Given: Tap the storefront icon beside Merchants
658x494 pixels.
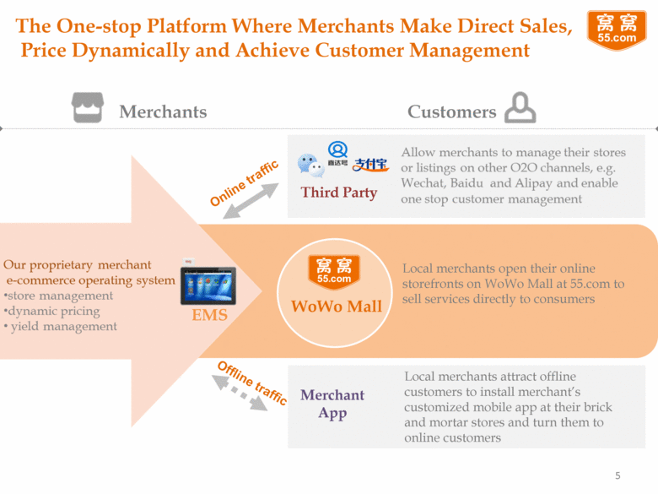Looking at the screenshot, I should click(88, 108).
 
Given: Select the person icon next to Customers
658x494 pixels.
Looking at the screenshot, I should click(520, 109).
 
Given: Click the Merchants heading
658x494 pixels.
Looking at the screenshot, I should click(163, 111).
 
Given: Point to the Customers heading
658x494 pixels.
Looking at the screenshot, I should click(451, 111).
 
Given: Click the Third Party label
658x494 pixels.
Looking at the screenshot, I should click(339, 193).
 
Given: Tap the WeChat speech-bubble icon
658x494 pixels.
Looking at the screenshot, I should click(310, 165).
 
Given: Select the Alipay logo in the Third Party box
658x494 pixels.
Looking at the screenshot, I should click(370, 164).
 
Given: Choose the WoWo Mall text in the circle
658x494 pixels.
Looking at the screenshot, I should click(337, 307).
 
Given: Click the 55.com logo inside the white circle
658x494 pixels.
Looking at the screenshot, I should click(334, 271).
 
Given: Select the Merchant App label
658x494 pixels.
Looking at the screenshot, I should click(332, 404).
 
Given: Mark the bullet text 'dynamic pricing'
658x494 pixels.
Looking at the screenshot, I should click(54, 311).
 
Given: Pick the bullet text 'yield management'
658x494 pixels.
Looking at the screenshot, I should click(64, 326).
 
